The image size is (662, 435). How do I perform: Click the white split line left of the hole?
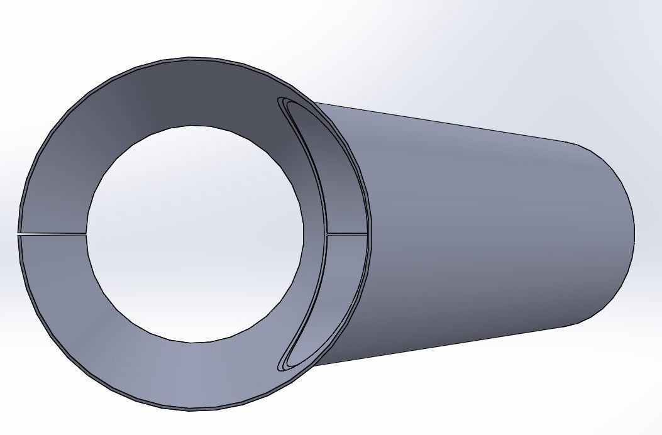click(x=52, y=234)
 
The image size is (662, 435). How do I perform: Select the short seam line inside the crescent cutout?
click(x=347, y=234)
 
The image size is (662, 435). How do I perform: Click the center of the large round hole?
click(x=195, y=234)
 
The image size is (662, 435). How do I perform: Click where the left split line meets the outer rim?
click(x=18, y=234)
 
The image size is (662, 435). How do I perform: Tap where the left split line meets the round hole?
click(x=86, y=234)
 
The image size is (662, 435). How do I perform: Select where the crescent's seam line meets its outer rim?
click(x=367, y=234)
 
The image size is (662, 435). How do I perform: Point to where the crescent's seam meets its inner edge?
click(x=327, y=234)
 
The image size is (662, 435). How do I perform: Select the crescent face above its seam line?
click(x=343, y=189)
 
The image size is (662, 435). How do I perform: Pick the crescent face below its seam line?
click(x=343, y=277)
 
